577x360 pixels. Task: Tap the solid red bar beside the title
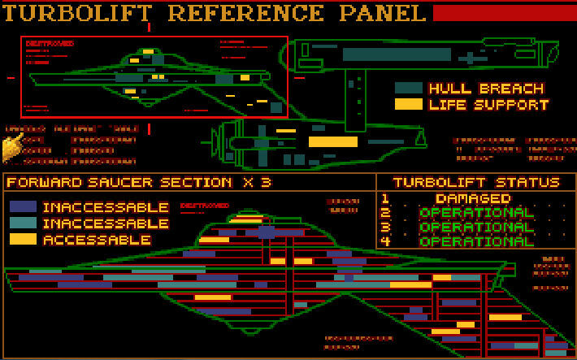(x=504, y=13)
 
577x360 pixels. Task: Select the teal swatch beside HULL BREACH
(x=408, y=88)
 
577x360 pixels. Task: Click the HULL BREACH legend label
(x=486, y=89)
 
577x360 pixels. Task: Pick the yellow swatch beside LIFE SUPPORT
(x=408, y=104)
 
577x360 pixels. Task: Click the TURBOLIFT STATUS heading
(x=475, y=183)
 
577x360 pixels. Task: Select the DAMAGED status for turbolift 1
(x=473, y=198)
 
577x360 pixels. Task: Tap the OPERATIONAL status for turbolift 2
(x=476, y=213)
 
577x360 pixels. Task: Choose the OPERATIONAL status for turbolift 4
(x=476, y=241)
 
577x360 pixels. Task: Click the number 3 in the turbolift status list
(x=385, y=227)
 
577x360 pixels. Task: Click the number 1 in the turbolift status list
(x=385, y=198)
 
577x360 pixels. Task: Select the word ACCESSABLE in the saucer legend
(x=97, y=241)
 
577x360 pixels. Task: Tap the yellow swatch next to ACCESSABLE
(x=23, y=240)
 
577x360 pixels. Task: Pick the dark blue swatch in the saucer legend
(x=23, y=207)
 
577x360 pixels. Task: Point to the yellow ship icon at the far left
(x=11, y=149)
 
